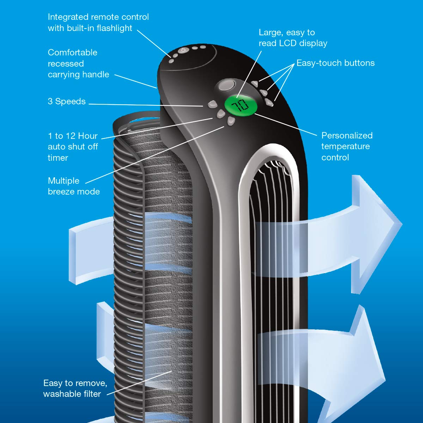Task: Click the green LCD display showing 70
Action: [241, 106]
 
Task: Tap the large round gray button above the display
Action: [227, 85]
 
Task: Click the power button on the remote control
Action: [183, 50]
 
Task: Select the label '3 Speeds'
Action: [67, 102]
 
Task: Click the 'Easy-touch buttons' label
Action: [336, 63]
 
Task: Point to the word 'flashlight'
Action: [114, 28]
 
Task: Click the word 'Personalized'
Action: [347, 135]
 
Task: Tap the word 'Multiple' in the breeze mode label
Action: [63, 181]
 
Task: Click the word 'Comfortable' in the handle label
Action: [73, 53]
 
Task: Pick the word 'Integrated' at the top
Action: [68, 17]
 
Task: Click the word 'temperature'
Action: [345, 146]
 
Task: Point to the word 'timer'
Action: [58, 158]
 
